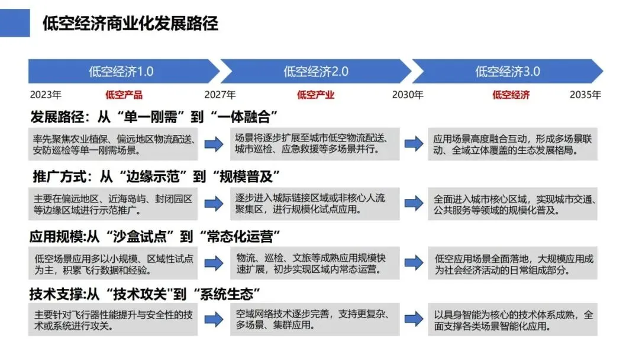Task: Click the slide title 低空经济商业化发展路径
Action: pyautogui.click(x=130, y=23)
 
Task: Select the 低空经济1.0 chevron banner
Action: pyautogui.click(x=121, y=72)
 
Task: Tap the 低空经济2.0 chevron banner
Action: pyautogui.click(x=315, y=72)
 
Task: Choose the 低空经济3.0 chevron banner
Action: pyautogui.click(x=507, y=72)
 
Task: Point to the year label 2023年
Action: pyautogui.click(x=46, y=95)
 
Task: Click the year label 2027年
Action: pyautogui.click(x=220, y=95)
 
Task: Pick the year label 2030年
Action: pyautogui.click(x=408, y=95)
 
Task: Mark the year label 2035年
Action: pyautogui.click(x=585, y=95)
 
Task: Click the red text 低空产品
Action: pyautogui.click(x=124, y=95)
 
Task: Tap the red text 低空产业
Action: pyautogui.click(x=315, y=95)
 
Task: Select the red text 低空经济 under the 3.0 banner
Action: pyautogui.click(x=511, y=95)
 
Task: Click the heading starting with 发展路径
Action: pyautogui.click(x=154, y=115)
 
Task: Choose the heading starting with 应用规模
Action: pyautogui.click(x=154, y=237)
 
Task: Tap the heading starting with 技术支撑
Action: pyautogui.click(x=146, y=294)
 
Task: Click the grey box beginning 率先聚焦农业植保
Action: pyautogui.click(x=114, y=144)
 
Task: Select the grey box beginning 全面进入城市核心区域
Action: pyautogui.click(x=512, y=203)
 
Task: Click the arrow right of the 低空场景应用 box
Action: pyautogui.click(x=214, y=263)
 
